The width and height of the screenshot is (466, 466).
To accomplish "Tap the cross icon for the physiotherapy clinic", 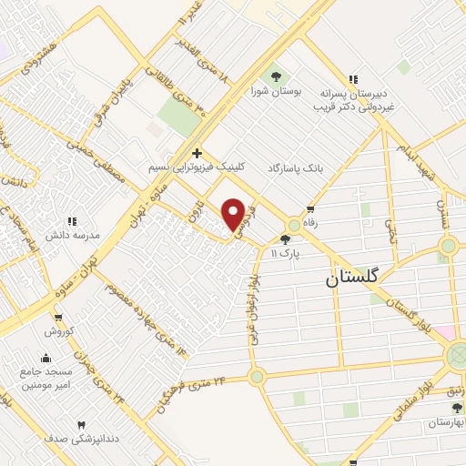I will click(197, 153).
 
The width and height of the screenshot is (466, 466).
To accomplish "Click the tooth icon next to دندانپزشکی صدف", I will click(80, 425).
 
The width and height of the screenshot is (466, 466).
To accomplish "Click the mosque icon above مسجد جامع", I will click(46, 358).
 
